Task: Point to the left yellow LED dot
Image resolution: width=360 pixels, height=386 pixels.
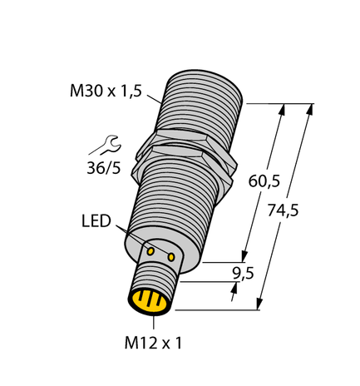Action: point(152,250)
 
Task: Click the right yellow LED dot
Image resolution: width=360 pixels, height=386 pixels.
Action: point(172,258)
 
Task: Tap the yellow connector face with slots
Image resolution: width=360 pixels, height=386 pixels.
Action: point(147,303)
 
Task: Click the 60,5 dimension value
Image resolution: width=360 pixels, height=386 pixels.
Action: point(264,179)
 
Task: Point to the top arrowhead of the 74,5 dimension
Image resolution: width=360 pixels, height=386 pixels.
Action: point(311,109)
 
